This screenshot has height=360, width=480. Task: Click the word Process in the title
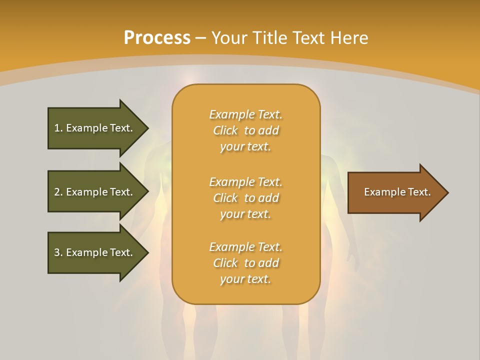157,38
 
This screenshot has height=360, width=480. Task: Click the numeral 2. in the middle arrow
58,192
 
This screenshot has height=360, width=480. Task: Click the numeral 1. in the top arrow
58,128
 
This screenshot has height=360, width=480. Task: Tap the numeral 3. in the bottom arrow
58,252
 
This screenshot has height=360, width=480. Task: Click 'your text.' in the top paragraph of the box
245,147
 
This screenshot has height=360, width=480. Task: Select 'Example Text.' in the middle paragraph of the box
245,181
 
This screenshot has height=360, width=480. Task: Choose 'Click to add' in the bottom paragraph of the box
245,263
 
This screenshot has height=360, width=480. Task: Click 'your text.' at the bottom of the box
245,279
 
